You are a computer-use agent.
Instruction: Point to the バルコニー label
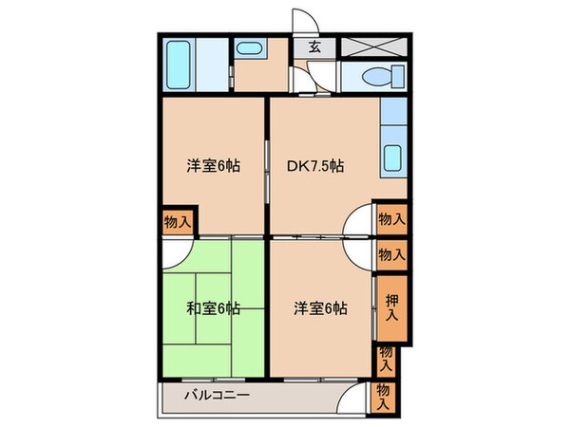(x=217, y=395)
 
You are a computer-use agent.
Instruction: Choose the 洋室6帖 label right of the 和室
(x=319, y=308)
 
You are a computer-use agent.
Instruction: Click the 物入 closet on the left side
(x=178, y=221)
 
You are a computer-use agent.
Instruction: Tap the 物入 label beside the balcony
(x=385, y=396)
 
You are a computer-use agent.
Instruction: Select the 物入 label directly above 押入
(x=392, y=253)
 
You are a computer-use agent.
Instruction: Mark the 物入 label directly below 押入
(x=388, y=357)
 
